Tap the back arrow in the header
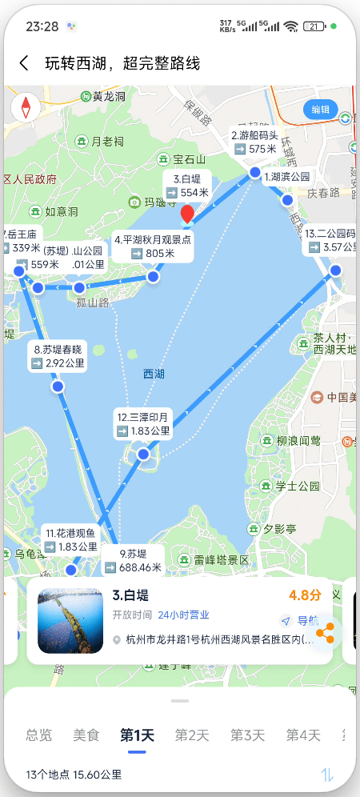click(x=24, y=63)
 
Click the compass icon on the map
click(x=26, y=107)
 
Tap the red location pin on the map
click(x=187, y=214)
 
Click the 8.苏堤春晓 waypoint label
click(x=58, y=356)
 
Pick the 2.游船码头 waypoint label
click(x=254, y=142)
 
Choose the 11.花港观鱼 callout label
click(x=70, y=540)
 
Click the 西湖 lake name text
click(x=154, y=374)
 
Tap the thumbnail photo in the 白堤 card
click(x=70, y=621)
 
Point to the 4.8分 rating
click(x=305, y=596)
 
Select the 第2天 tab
click(x=192, y=735)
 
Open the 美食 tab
click(x=86, y=735)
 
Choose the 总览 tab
click(x=38, y=735)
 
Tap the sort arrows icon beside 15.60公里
click(x=327, y=775)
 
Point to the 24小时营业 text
click(x=183, y=615)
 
